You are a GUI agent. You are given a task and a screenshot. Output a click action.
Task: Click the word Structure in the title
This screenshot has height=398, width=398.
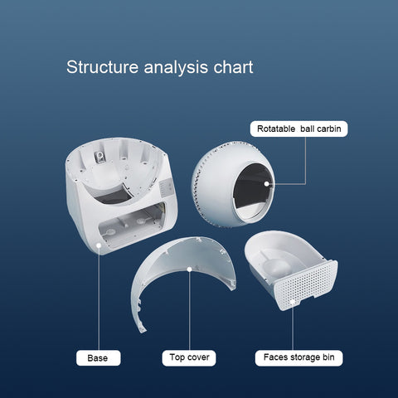(x=102, y=67)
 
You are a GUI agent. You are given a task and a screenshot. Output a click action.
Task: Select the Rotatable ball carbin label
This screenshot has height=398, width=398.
(x=298, y=129)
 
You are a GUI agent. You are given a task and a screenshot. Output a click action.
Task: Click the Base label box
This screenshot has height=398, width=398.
(x=99, y=358)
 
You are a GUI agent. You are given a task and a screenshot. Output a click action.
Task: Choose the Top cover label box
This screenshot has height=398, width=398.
(x=189, y=357)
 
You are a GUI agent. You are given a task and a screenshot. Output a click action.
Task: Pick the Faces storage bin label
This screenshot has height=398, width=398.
(x=298, y=357)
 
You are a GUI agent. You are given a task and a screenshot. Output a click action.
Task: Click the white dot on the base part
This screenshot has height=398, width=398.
(x=99, y=245)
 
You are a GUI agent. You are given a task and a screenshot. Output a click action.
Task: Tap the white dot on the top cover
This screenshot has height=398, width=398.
(x=189, y=269)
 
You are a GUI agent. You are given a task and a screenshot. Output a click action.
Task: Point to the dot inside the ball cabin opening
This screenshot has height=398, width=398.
(x=266, y=184)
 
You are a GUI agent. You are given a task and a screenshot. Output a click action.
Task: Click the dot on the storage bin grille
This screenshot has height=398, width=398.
(x=293, y=302)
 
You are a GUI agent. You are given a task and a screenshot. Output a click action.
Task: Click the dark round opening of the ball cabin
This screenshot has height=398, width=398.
(x=253, y=191)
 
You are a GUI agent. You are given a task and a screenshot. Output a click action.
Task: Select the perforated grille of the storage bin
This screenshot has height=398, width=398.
(x=305, y=284)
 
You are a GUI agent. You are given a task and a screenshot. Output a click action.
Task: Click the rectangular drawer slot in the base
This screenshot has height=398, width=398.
(x=132, y=226)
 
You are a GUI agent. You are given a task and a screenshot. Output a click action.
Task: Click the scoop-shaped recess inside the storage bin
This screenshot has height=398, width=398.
(x=275, y=265)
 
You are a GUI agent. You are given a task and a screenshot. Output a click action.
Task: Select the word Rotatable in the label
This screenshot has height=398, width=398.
(x=276, y=129)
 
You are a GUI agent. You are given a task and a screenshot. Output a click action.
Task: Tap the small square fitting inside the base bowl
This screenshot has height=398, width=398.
(x=99, y=157)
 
